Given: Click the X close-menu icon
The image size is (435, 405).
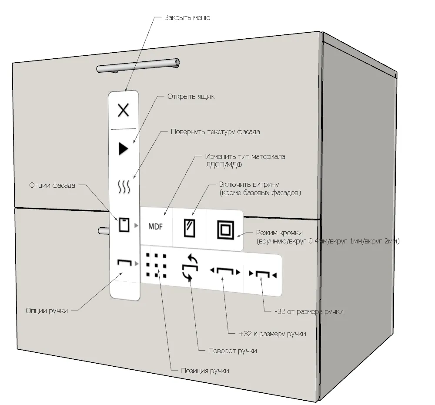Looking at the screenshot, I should (x=124, y=110).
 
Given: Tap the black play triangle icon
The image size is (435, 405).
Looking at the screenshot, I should (x=124, y=149).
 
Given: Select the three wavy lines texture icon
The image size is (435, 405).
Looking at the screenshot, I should (x=124, y=187).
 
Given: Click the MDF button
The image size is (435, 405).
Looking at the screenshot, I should (x=155, y=227).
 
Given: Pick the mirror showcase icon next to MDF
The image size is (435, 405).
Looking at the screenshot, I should (x=190, y=228).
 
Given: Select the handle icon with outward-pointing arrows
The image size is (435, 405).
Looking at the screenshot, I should (x=225, y=272).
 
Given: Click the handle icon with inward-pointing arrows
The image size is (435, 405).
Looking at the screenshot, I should (x=263, y=274).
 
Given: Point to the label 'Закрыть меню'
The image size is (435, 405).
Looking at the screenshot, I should (x=187, y=18).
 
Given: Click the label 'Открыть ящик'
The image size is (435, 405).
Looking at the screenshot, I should (x=191, y=97).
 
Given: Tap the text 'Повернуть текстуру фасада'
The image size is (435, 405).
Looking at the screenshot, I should (x=215, y=132).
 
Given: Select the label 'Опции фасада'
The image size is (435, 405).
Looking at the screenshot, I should (x=52, y=186).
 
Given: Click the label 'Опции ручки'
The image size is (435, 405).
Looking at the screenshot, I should (x=47, y=311).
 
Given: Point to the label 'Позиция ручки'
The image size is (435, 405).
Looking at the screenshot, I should (x=205, y=371).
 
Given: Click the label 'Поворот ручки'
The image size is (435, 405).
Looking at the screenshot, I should (x=232, y=351).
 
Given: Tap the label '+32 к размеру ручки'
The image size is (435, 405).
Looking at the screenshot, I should (x=272, y=334).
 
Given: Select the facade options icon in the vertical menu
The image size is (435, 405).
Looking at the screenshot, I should (x=124, y=225).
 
